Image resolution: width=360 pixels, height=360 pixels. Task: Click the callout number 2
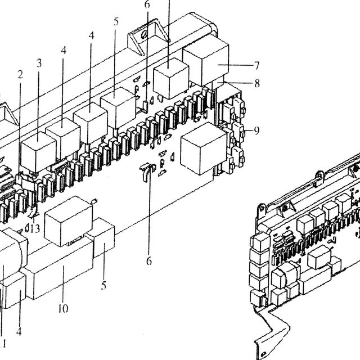(x=20, y=75)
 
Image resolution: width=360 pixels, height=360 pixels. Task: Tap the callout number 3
(x=39, y=63)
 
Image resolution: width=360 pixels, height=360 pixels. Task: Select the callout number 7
(x=256, y=66)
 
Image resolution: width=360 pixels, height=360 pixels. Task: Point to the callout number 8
(x=257, y=83)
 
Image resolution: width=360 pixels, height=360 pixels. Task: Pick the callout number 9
(x=256, y=130)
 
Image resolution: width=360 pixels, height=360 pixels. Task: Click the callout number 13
(x=35, y=228)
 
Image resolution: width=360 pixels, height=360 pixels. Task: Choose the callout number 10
(x=63, y=309)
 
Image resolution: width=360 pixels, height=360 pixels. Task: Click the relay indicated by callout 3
(x=38, y=151)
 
